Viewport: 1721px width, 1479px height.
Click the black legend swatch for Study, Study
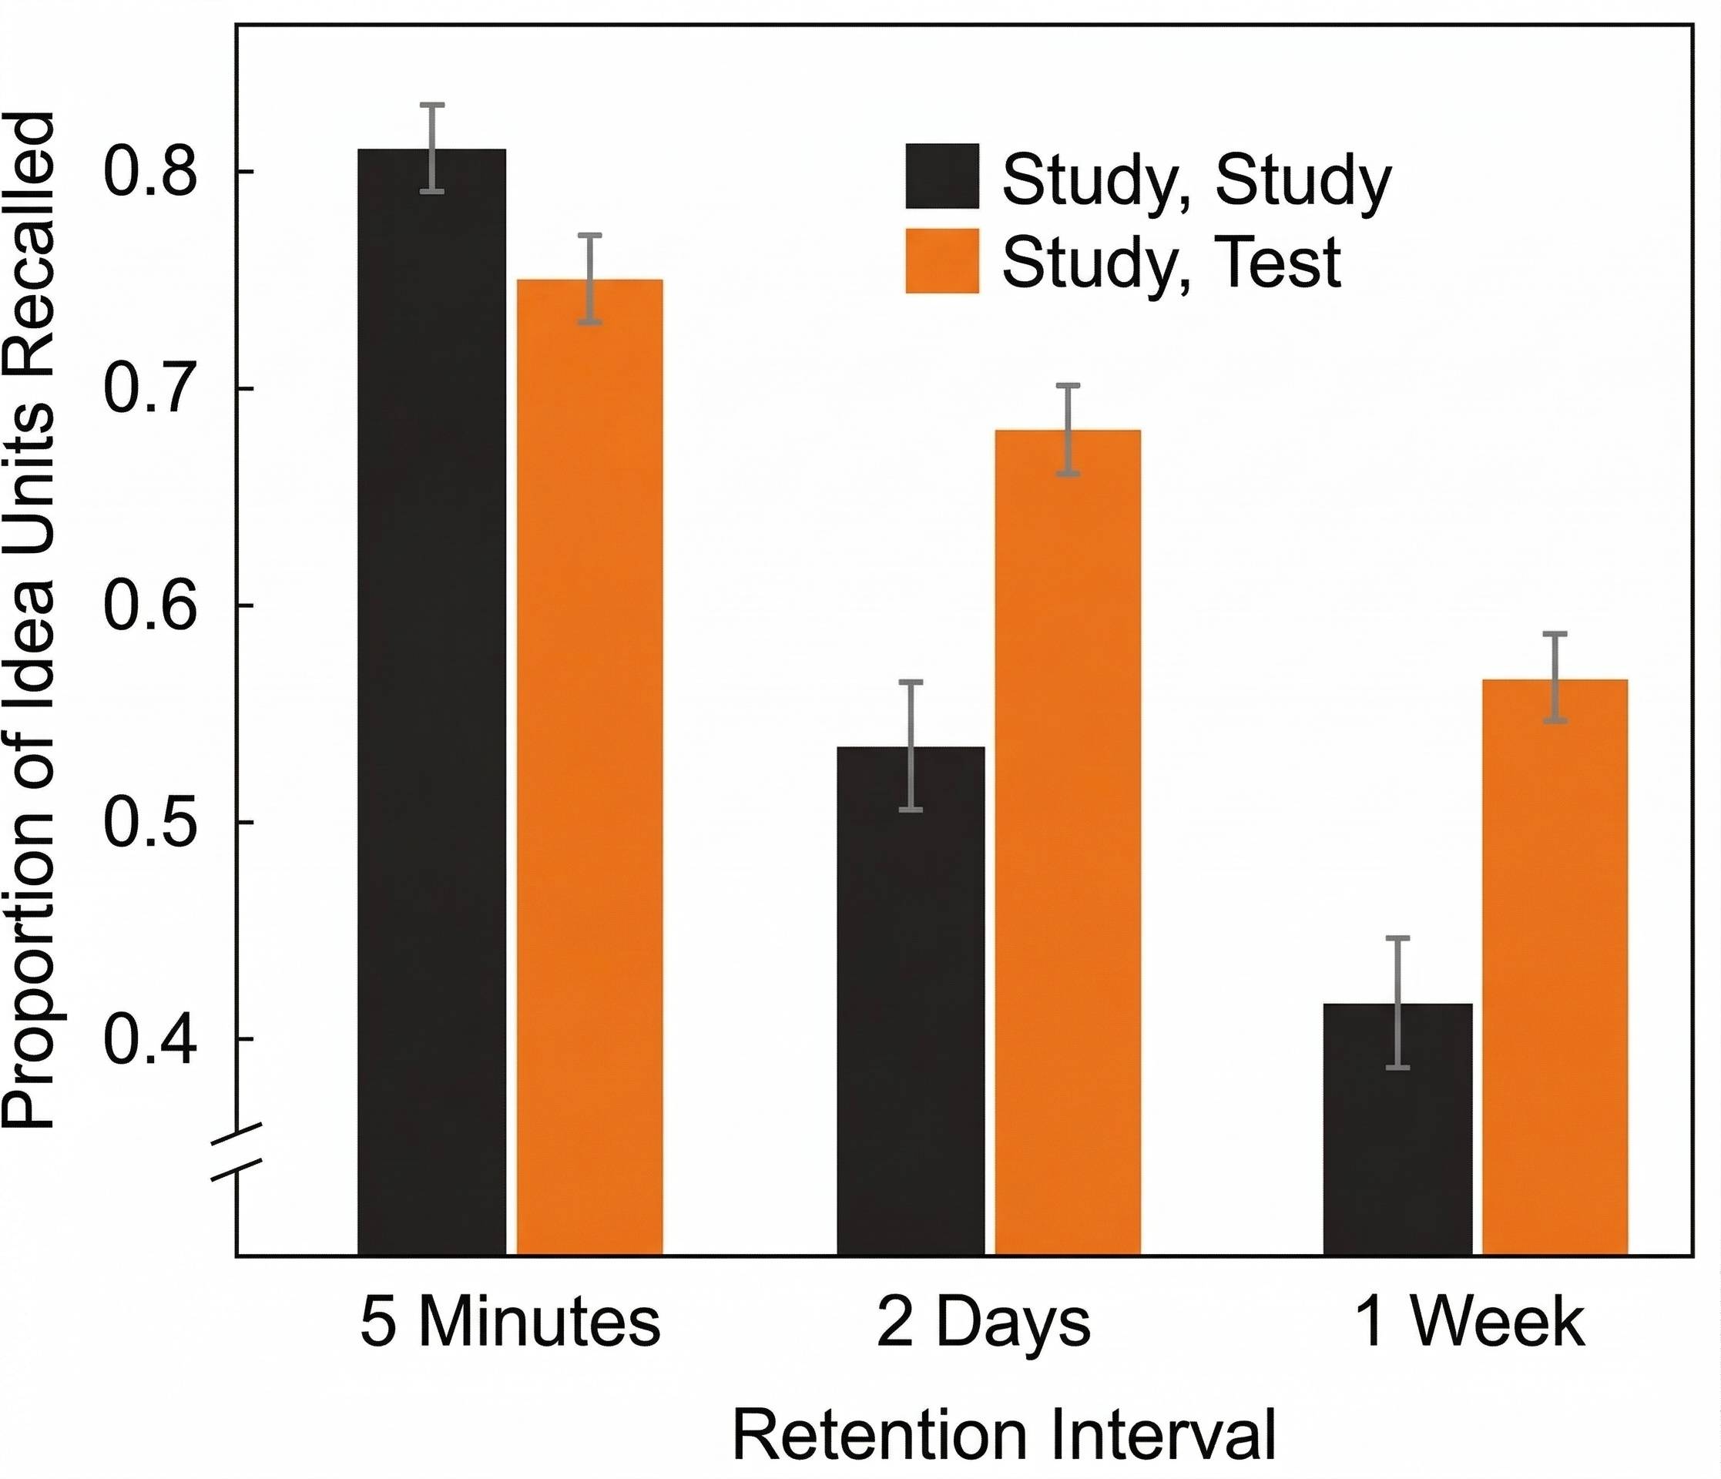pyautogui.click(x=942, y=176)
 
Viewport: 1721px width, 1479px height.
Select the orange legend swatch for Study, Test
pyautogui.click(x=942, y=261)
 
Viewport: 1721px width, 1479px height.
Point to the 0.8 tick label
pyautogui.click(x=149, y=173)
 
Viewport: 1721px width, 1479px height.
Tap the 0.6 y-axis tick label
pyautogui.click(x=149, y=606)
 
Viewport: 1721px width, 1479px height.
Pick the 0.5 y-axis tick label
pyautogui.click(x=149, y=823)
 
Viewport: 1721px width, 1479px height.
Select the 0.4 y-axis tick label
pyautogui.click(x=149, y=1039)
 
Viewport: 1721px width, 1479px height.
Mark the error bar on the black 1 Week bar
pyautogui.click(x=1398, y=1002)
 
